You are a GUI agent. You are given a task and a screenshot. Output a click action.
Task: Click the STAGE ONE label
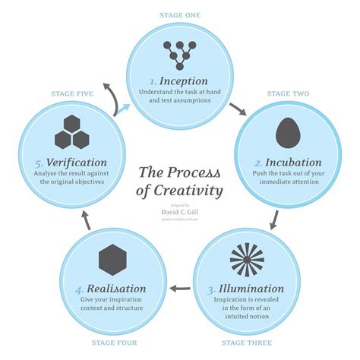pos(179,14)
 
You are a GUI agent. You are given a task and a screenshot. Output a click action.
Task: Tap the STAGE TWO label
pos(288,93)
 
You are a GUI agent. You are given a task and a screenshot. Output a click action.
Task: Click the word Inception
pos(185,81)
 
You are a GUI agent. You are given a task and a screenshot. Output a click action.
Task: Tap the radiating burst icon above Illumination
pos(247,259)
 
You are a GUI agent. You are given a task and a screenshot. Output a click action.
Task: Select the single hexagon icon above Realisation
pos(112,260)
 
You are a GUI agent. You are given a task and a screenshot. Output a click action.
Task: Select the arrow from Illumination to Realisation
pos(179,288)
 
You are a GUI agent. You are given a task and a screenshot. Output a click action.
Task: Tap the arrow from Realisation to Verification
pos(86,221)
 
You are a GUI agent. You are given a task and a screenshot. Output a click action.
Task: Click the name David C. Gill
pos(180,210)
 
